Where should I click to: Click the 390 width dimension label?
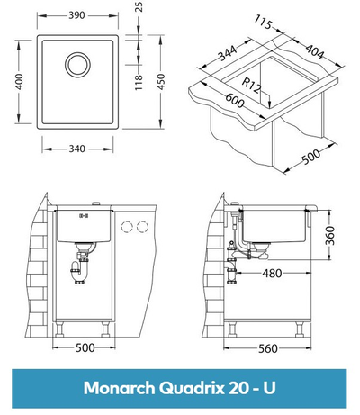tap(77, 15)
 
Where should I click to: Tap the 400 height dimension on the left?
tap(19, 81)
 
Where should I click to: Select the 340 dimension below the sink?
tap(77, 149)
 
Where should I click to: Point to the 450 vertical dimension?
tap(161, 82)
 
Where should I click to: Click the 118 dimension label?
tap(139, 82)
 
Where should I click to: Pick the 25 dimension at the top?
tap(139, 6)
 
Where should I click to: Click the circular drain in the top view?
tap(77, 65)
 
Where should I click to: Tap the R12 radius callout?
tap(251, 85)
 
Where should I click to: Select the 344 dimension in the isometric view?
tap(227, 52)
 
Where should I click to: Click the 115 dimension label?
tap(263, 22)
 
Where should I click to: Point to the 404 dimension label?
tap(315, 51)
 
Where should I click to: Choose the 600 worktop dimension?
tap(235, 101)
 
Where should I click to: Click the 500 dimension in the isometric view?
tap(311, 157)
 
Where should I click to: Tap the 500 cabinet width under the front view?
tap(85, 347)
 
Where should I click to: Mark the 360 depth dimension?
tap(329, 236)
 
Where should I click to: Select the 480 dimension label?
tap(272, 274)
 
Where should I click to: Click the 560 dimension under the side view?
tap(268, 348)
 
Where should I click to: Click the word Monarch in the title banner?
tap(120, 388)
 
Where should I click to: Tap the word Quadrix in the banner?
tap(192, 389)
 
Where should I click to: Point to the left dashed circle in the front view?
tap(127, 227)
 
